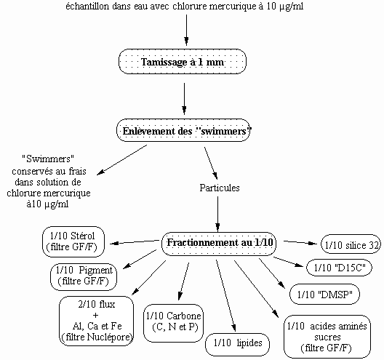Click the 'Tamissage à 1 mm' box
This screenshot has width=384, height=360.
(183, 62)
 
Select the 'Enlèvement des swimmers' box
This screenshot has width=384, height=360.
(183, 130)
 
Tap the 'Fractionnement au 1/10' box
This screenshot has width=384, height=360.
(219, 244)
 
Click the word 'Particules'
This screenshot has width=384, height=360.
(220, 188)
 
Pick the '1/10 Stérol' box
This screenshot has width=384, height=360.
(73, 241)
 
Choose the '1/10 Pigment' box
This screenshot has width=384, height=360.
(84, 276)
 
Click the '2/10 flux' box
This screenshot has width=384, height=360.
(97, 321)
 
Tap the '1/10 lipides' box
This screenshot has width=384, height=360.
(237, 344)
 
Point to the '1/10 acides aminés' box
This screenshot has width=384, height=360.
(327, 337)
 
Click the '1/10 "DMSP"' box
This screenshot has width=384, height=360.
(325, 294)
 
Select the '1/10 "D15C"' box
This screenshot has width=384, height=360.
(340, 268)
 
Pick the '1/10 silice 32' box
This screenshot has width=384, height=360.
(351, 244)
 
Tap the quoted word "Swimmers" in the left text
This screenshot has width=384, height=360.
(48, 159)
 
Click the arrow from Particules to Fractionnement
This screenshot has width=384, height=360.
(217, 214)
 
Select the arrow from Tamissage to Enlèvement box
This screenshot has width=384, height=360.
(185, 98)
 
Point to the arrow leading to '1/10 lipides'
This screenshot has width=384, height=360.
(225, 295)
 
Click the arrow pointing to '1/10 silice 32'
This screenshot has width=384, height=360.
(300, 242)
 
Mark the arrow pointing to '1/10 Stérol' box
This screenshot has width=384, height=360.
(135, 242)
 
